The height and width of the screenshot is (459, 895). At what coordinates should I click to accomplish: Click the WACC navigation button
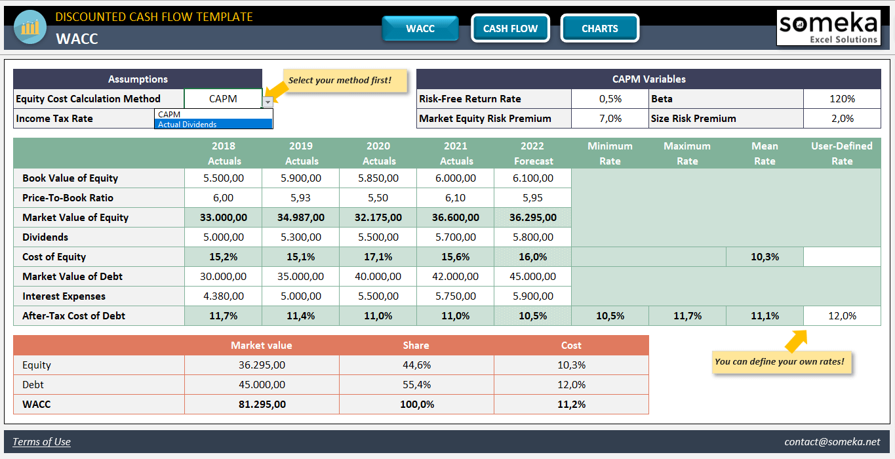tap(420, 28)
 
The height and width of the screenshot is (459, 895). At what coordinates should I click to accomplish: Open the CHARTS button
tap(599, 28)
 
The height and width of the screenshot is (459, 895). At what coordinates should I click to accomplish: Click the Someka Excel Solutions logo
tap(828, 28)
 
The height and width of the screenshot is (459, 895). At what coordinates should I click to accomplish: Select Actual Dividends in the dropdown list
tap(214, 124)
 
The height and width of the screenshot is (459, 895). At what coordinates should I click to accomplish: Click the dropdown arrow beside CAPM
tap(268, 102)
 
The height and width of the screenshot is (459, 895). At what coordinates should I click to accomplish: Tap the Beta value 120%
tap(842, 99)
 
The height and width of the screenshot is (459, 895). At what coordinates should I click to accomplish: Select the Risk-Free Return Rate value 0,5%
tap(610, 99)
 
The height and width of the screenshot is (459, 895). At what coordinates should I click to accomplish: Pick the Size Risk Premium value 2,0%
tap(842, 119)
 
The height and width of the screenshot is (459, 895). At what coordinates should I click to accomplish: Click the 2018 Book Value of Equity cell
tap(224, 178)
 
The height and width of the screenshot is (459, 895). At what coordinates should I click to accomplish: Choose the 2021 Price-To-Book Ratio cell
tap(456, 198)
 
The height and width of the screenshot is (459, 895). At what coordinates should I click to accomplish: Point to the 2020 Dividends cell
tap(378, 237)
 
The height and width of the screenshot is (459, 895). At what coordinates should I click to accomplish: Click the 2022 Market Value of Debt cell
tap(533, 277)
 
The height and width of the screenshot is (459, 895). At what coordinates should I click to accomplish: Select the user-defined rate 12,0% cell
tap(842, 316)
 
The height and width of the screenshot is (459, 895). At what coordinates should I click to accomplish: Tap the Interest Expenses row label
tap(64, 296)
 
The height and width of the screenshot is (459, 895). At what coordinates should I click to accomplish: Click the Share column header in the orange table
tap(416, 346)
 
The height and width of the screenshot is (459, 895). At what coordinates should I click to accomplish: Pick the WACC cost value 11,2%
tap(571, 405)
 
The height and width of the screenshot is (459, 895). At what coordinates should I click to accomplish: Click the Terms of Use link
tap(41, 442)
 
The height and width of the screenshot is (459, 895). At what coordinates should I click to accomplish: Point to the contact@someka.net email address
tap(832, 442)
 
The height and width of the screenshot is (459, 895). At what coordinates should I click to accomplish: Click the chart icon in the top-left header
tap(30, 28)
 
